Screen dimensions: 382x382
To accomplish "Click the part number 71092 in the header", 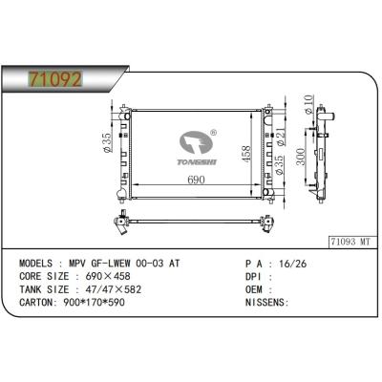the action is click(55, 79).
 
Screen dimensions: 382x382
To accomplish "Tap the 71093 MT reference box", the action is click(351, 242).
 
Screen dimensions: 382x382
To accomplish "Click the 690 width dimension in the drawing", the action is click(196, 180).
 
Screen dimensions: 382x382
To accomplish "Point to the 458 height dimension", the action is click(245, 154).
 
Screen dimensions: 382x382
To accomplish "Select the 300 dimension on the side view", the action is click(301, 157).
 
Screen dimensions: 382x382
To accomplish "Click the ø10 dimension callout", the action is click(308, 104).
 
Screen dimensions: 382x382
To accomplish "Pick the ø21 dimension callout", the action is click(280, 138).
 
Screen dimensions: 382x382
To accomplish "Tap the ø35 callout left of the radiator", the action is click(108, 142).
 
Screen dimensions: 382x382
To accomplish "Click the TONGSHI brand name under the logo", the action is click(197, 162).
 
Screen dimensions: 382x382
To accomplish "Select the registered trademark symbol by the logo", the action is click(214, 133).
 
